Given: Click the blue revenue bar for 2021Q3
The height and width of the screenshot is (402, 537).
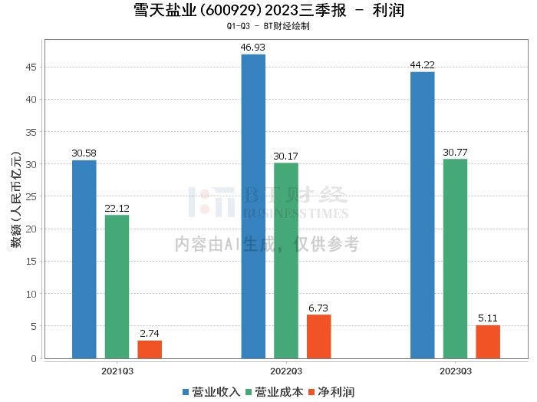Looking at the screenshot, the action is click(84, 259).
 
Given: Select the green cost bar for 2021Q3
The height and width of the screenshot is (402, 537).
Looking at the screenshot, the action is click(117, 287).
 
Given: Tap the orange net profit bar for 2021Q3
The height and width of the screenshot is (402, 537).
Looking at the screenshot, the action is click(150, 349).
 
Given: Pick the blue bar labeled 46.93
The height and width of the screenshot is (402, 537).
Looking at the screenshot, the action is click(253, 206).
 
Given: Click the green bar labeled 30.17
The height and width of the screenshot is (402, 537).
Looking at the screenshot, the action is click(286, 261).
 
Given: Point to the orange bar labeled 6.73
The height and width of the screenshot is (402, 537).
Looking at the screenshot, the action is click(319, 337).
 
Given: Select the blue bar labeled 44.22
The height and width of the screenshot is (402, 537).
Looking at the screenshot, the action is click(423, 215).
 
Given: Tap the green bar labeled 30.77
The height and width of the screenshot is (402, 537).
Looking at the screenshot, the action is click(455, 259).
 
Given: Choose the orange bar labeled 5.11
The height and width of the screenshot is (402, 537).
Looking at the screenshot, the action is click(488, 341).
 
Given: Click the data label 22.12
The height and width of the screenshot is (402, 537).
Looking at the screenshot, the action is click(117, 208).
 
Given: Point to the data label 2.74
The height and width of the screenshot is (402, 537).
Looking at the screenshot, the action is click(150, 334).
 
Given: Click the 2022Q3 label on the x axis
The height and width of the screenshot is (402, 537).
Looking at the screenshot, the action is click(286, 371).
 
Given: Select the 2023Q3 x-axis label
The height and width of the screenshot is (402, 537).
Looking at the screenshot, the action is click(456, 371).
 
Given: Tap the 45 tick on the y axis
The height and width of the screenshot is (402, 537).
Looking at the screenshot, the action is click(31, 67).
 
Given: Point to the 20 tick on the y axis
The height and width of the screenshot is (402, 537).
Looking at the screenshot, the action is click(31, 229).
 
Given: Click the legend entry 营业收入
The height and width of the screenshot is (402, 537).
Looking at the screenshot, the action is click(211, 392).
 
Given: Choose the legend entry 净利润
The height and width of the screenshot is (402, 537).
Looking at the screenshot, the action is click(331, 392).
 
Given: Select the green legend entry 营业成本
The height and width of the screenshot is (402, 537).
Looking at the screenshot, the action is click(275, 392).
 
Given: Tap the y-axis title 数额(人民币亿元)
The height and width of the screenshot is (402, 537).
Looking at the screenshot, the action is click(16, 199).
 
